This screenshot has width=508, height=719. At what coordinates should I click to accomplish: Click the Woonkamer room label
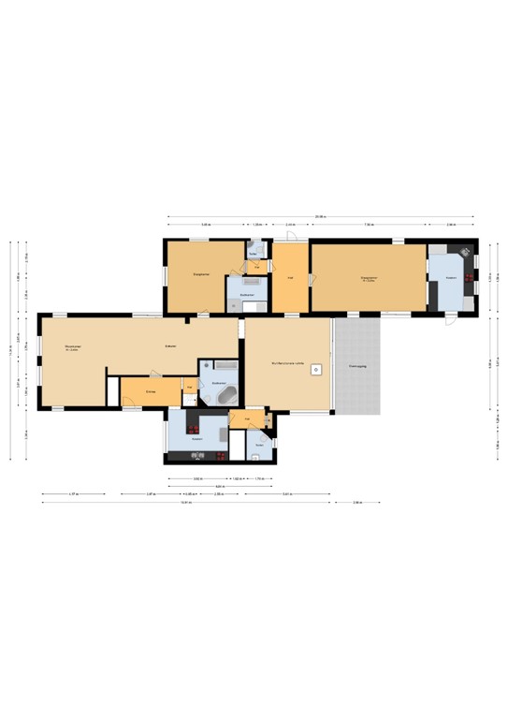click(71, 347)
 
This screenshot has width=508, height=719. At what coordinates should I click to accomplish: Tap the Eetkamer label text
click(171, 346)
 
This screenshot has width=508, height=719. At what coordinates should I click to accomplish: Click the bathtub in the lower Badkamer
click(228, 396)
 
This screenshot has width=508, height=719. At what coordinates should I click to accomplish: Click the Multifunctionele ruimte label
click(288, 364)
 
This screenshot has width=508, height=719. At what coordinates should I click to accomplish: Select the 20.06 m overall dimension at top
click(320, 217)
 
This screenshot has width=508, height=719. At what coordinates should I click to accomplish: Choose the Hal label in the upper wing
click(290, 277)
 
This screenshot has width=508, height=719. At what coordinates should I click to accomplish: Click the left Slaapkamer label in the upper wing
click(200, 274)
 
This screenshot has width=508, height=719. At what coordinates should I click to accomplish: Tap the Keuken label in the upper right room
click(451, 278)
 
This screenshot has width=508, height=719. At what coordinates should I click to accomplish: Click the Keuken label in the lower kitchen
click(197, 438)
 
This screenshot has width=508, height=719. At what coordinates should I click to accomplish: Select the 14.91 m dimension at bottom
click(186, 503)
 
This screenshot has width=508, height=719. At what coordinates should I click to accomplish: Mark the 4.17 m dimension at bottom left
click(72, 494)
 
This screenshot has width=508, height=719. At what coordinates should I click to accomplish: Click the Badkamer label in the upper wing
click(246, 295)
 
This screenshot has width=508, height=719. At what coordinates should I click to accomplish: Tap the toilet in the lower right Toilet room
click(255, 456)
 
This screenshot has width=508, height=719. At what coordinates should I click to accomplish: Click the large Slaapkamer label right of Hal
click(369, 278)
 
